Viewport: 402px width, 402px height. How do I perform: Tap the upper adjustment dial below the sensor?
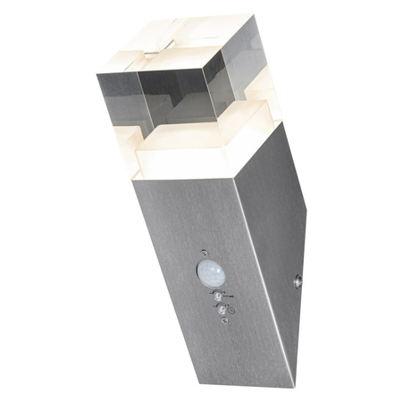point(216,292)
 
